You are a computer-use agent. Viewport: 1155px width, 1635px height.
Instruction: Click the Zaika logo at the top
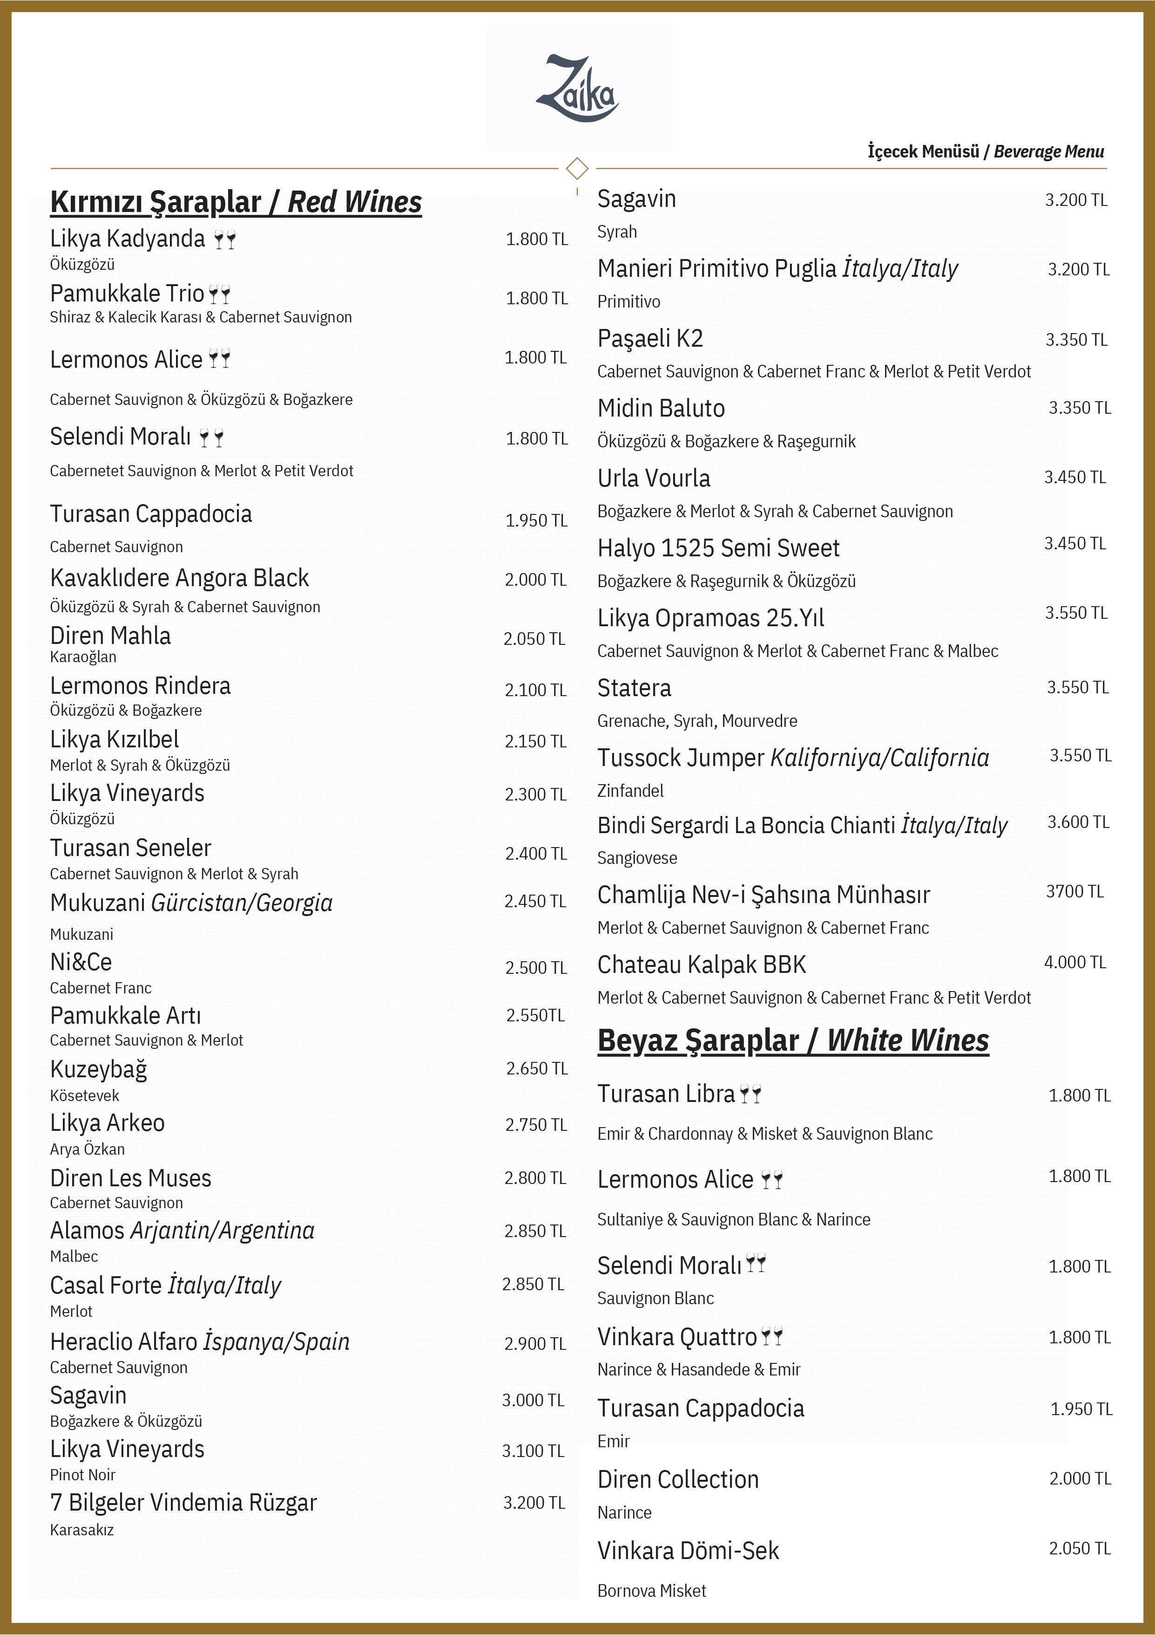(x=578, y=89)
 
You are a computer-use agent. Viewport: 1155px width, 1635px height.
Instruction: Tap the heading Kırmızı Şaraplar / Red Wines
(x=236, y=202)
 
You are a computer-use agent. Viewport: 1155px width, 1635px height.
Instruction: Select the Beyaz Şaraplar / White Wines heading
(x=793, y=1041)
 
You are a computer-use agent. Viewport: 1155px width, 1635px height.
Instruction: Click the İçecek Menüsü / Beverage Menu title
(x=985, y=152)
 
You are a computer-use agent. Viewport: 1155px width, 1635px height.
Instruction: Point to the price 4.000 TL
(x=1074, y=963)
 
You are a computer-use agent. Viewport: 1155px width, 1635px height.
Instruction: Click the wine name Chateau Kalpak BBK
(x=701, y=965)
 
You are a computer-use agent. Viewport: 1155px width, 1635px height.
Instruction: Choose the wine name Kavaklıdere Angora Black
(x=179, y=578)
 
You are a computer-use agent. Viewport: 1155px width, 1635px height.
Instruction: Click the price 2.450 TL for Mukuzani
(x=535, y=902)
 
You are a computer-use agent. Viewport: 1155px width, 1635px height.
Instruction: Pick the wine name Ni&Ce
(x=81, y=963)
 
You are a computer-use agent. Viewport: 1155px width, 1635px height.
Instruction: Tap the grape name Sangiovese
(x=637, y=858)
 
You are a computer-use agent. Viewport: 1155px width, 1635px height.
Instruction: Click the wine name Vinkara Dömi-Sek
(x=688, y=1551)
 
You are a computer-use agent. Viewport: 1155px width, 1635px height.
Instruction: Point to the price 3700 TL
(x=1074, y=891)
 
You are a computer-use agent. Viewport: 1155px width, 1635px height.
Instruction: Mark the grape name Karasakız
(x=82, y=1530)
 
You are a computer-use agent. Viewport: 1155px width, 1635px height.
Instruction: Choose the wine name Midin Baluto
(x=661, y=409)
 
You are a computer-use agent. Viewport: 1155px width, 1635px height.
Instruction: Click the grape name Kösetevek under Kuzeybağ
(x=85, y=1096)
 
